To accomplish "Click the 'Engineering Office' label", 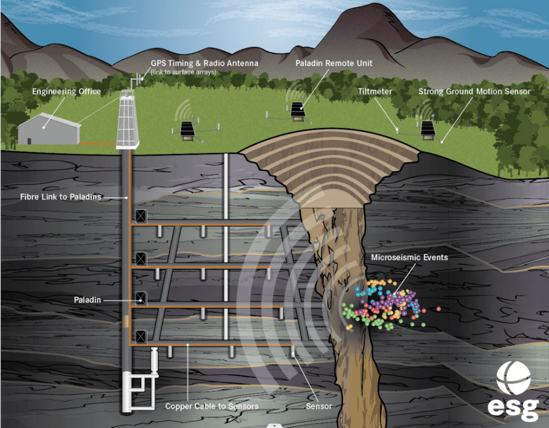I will click(66, 91).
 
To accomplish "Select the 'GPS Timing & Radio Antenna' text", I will click(204, 63).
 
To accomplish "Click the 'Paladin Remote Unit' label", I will click(333, 63).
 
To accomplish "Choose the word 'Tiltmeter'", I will click(375, 91).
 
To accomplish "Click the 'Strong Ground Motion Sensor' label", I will click(474, 91).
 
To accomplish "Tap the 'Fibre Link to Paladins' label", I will click(61, 197).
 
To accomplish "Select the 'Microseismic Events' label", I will click(409, 257).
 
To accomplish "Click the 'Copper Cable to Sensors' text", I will click(212, 406).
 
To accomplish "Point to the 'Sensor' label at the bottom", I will click(319, 406).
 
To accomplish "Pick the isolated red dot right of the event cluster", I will click(439, 309).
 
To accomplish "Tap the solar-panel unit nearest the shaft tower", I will click(187, 129).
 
